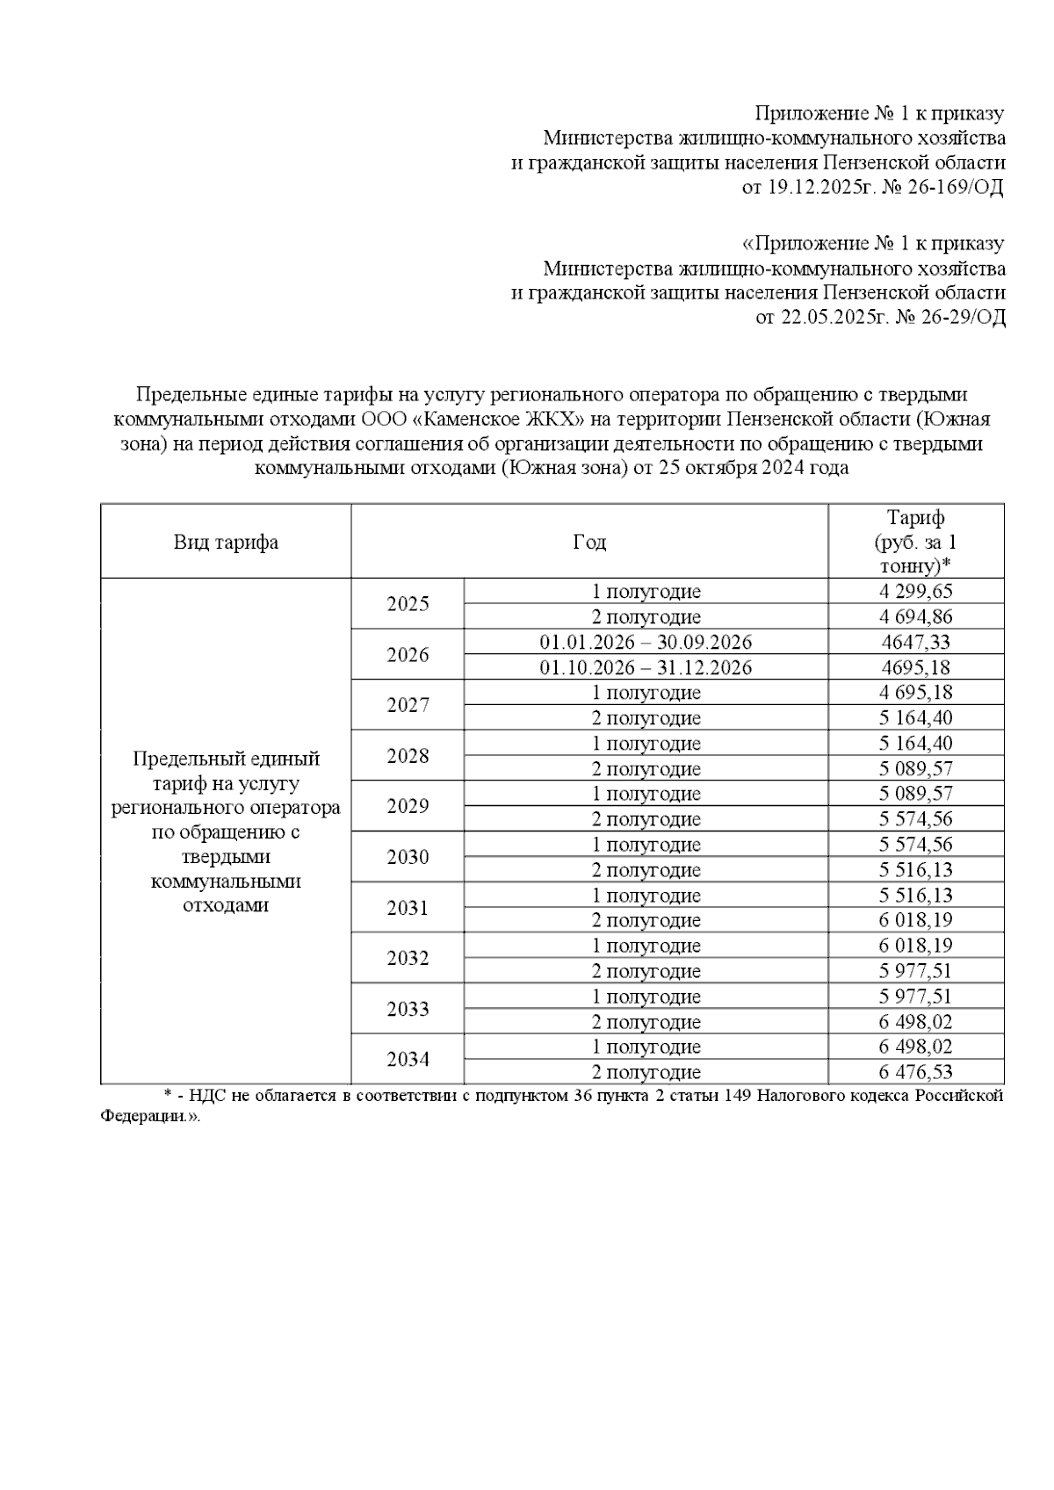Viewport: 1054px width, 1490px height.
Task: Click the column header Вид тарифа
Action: (x=226, y=542)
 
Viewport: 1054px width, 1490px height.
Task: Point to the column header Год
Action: (x=589, y=542)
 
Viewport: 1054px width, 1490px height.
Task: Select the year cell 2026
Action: (x=408, y=655)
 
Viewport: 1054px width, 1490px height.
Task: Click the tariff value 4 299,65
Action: (x=915, y=592)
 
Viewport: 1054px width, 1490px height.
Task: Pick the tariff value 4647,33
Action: (x=915, y=643)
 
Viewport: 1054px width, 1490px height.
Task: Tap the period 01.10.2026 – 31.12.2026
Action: (x=646, y=667)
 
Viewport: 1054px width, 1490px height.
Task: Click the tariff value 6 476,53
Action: (x=915, y=1072)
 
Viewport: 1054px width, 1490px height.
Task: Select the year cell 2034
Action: (x=408, y=1060)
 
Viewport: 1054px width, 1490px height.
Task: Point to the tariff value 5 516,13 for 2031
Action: (x=915, y=896)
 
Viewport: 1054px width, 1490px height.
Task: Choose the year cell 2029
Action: (x=408, y=807)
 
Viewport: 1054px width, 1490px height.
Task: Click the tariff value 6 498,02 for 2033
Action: (x=915, y=1022)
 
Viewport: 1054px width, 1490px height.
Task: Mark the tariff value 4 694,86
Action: (x=915, y=617)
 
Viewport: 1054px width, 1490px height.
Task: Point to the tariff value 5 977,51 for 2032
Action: (x=915, y=971)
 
